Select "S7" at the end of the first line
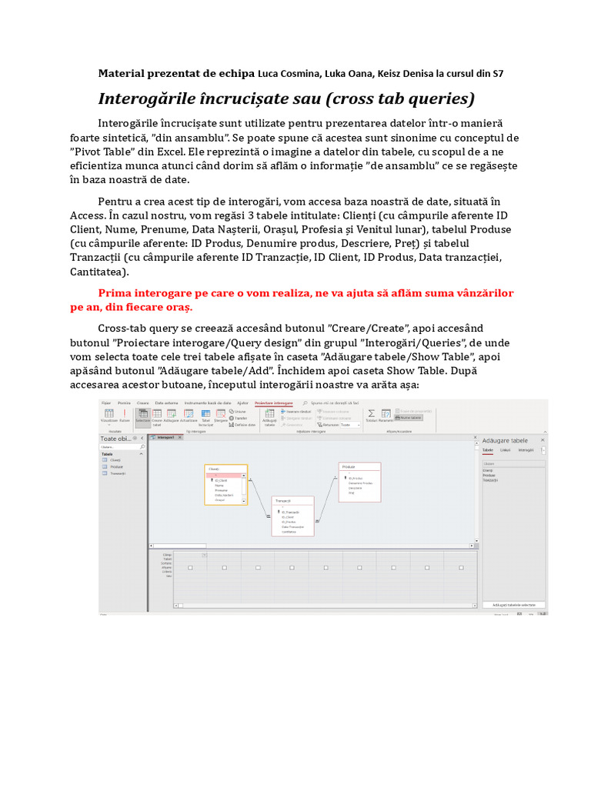[x=498, y=74]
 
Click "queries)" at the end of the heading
[x=440, y=99]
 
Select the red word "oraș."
[x=179, y=307]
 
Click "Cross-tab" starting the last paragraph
[x=125, y=329]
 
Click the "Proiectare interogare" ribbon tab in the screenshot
[x=273, y=402]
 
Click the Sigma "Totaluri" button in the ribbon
[x=371, y=415]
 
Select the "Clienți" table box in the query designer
[x=225, y=484]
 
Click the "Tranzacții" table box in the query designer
[x=292, y=516]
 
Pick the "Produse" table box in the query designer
[x=359, y=482]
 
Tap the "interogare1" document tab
[x=165, y=437]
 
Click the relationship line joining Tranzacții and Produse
[x=326, y=500]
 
